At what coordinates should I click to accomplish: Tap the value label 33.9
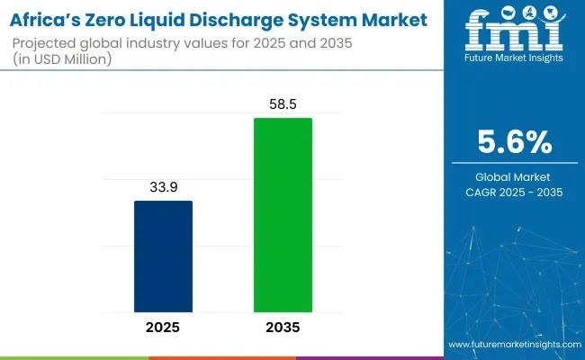pyautogui.click(x=163, y=188)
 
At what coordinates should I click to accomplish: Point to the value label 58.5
pyautogui.click(x=283, y=106)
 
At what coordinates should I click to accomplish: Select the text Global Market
pyautogui.click(x=513, y=176)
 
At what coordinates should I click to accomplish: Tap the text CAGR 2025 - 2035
pyautogui.click(x=513, y=192)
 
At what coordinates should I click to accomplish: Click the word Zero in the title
pyautogui.click(x=112, y=20)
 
